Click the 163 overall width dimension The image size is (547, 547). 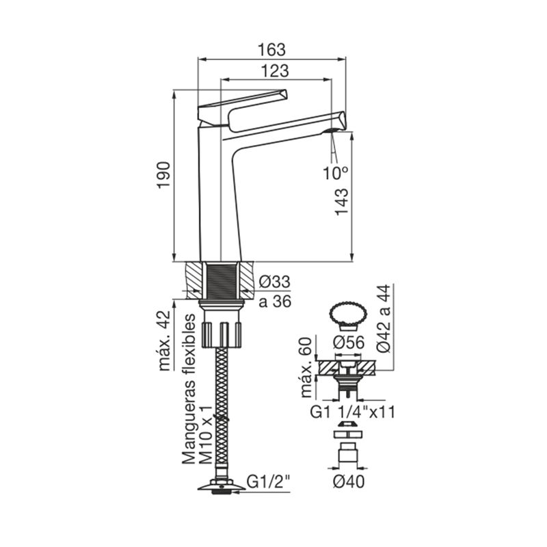point(271,49)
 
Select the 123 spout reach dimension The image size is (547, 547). point(276,71)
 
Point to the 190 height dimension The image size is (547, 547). point(163,175)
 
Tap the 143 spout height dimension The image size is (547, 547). point(342,202)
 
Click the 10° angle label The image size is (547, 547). point(335,173)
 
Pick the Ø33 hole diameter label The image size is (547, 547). point(275,282)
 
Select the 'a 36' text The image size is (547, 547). point(275,302)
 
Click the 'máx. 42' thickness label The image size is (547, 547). point(164,341)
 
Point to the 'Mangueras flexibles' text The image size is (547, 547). point(189,389)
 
